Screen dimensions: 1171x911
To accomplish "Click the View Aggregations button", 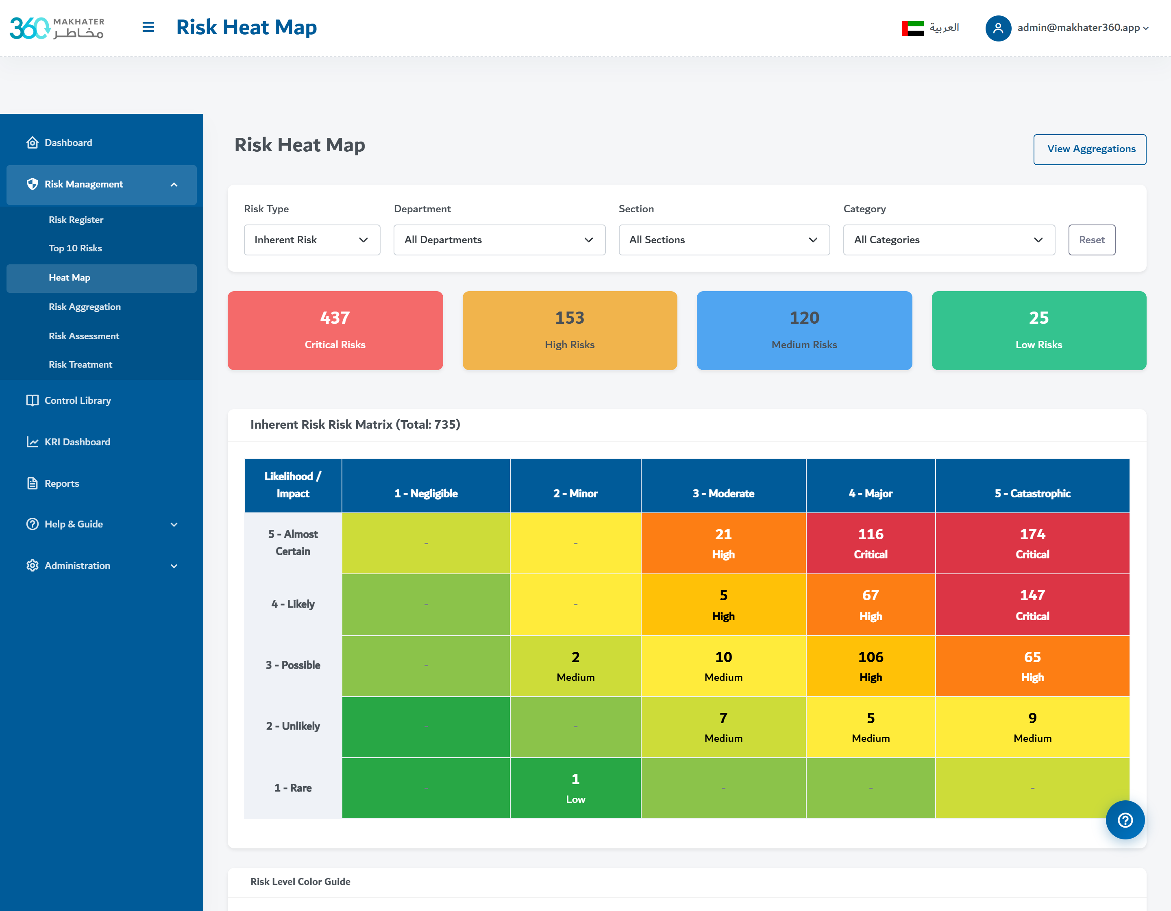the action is tap(1090, 149).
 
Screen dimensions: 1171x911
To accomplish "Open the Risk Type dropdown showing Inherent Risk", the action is tap(311, 240).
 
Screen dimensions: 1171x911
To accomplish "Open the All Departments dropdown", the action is tap(499, 240).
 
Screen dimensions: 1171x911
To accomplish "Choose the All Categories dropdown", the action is tap(949, 240).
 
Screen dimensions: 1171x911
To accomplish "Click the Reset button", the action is tap(1092, 240).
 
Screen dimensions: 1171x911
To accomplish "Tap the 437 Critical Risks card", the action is tap(335, 330).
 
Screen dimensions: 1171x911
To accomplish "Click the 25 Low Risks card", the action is tap(1038, 330).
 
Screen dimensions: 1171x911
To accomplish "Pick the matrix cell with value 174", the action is tap(1032, 543).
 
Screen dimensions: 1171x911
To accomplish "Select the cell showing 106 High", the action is tap(870, 666).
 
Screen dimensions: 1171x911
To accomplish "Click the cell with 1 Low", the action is tap(575, 788).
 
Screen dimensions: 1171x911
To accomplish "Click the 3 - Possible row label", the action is tap(293, 665).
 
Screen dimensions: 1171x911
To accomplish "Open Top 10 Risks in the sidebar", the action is tap(75, 248).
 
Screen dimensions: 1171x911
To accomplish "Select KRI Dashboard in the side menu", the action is tap(77, 442).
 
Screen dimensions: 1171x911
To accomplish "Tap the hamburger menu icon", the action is tap(148, 27).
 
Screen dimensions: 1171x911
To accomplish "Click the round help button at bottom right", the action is tap(1125, 819).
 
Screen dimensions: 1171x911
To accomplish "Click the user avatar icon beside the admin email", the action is tap(998, 28).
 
